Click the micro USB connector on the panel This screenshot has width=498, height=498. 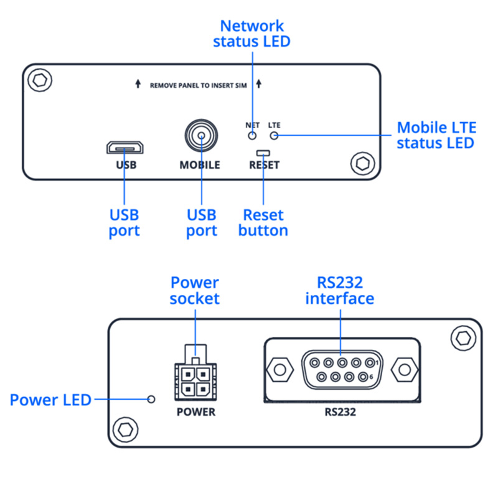click(x=125, y=148)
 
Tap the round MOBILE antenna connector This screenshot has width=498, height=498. click(x=201, y=136)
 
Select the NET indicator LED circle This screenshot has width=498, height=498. click(x=252, y=136)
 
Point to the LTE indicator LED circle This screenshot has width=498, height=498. click(x=274, y=136)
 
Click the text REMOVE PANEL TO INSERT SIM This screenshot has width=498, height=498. click(x=198, y=85)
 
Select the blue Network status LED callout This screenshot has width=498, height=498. click(x=252, y=34)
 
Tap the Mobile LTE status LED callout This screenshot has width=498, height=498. click(x=436, y=135)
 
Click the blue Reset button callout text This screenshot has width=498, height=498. click(x=263, y=223)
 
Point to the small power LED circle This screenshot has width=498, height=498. click(x=151, y=399)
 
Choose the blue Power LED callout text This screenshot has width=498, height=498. click(x=50, y=400)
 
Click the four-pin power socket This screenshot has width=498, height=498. click(x=195, y=373)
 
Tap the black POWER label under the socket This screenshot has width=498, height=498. click(x=196, y=412)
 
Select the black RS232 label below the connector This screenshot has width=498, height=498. click(x=340, y=412)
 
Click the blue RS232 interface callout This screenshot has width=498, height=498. click(x=340, y=291)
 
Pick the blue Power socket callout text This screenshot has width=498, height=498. click(x=195, y=291)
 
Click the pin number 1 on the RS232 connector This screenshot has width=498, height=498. click(x=377, y=362)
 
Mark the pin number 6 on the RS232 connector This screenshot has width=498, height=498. click(x=371, y=377)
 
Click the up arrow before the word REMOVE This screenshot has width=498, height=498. click(x=138, y=83)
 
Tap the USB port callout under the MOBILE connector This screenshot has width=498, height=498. click(x=202, y=223)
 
